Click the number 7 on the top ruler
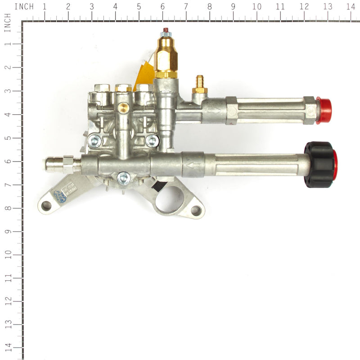coord(186,7)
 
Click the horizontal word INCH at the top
coord(24,7)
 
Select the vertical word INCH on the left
coord(7,22)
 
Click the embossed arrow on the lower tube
coord(195,166)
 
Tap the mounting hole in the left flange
coord(46,206)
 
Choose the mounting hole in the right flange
coord(196,210)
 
